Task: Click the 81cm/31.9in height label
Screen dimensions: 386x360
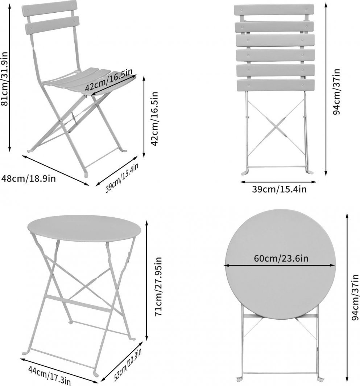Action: [x=5, y=78]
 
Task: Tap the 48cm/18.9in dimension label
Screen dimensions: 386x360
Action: [x=28, y=178]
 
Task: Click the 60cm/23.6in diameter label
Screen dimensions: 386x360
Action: [x=281, y=258]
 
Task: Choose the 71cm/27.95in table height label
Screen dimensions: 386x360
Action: [x=158, y=287]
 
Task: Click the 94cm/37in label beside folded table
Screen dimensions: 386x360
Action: [x=355, y=297]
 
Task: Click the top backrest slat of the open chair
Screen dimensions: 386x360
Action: [x=49, y=8]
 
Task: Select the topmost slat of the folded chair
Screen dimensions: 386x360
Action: [x=274, y=10]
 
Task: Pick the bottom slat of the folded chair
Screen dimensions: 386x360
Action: [x=275, y=85]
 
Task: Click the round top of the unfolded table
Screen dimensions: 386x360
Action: [x=84, y=228]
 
